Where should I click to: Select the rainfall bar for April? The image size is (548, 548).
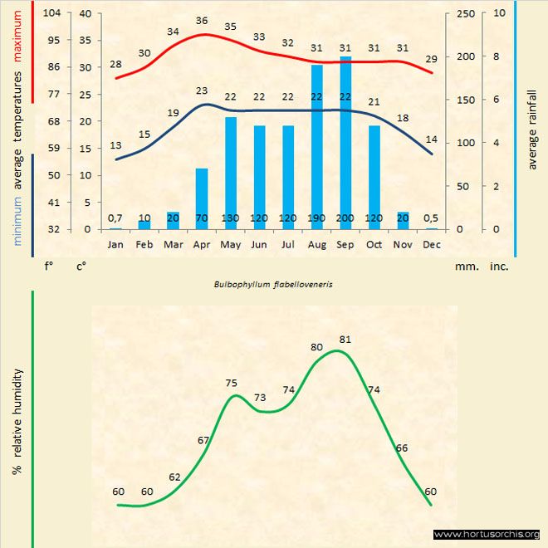coord(202,199)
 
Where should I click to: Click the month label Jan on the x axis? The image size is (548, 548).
coord(115,245)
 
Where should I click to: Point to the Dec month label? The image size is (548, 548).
coord(431,245)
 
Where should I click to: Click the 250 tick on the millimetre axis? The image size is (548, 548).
coord(466,13)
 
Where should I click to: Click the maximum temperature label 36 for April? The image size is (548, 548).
coord(202,21)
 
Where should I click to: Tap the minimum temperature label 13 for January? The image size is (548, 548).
coord(115,145)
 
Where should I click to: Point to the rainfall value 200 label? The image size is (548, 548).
coord(345,218)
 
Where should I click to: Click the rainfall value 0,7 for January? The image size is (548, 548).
coord(115,218)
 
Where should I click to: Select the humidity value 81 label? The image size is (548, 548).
coord(345,340)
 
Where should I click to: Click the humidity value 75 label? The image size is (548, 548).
coord(232,383)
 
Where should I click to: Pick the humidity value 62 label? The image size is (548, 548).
coord(174,477)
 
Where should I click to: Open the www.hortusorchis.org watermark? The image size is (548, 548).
coord(487,534)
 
